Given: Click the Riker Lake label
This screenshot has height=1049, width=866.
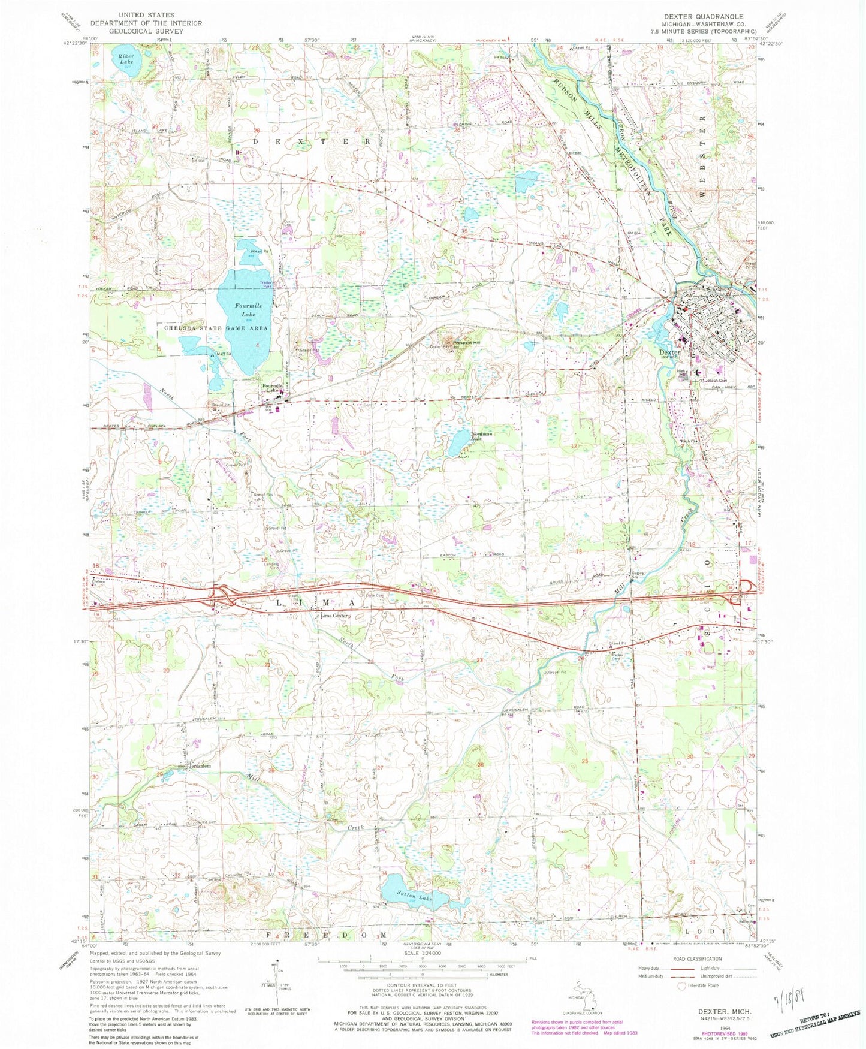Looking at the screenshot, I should click(125, 58).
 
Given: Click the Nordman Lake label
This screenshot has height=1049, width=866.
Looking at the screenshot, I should click(468, 436).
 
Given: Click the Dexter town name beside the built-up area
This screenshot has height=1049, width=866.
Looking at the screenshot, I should click(669, 352).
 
